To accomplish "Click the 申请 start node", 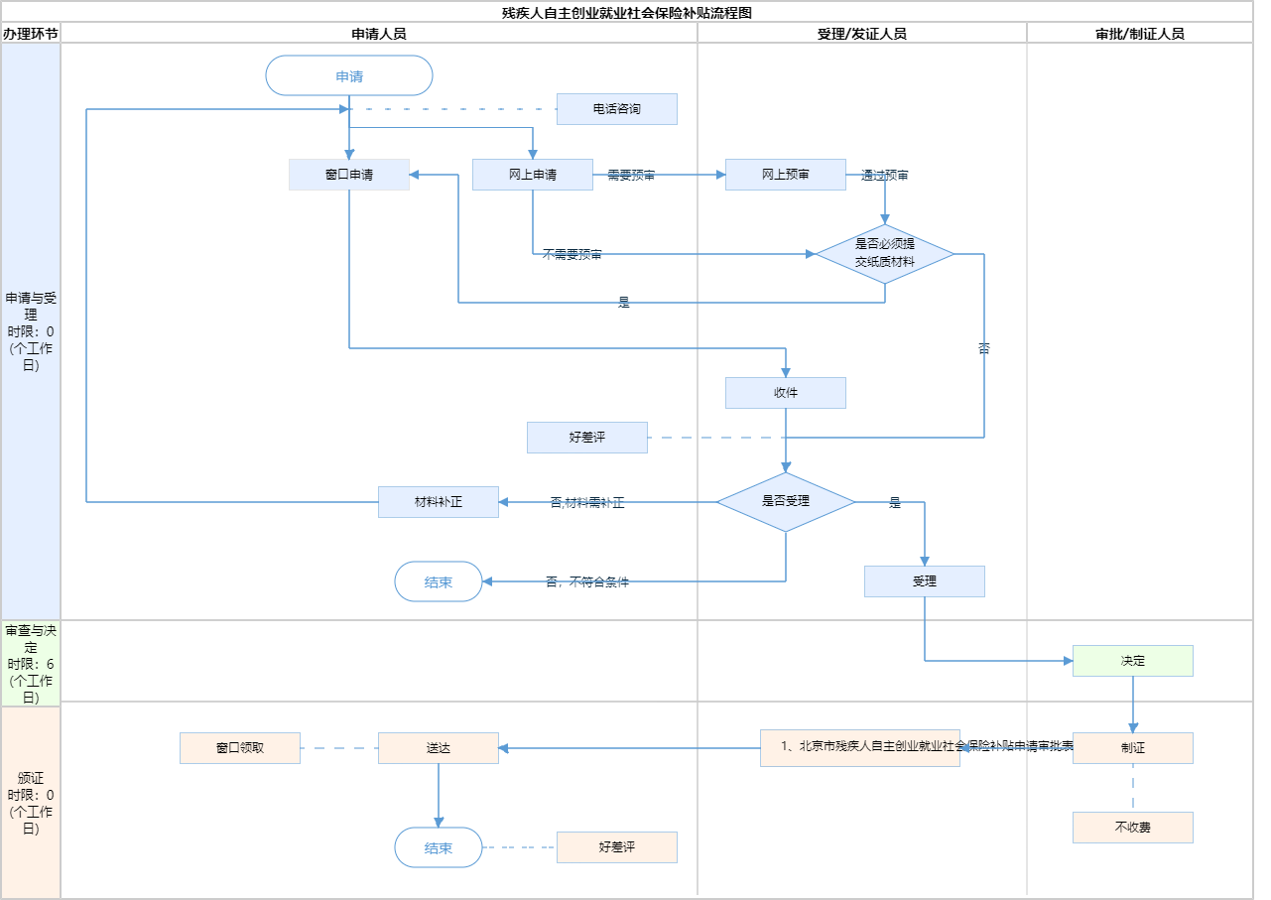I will pyautogui.click(x=349, y=75).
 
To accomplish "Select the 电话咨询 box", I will pyautogui.click(x=616, y=109).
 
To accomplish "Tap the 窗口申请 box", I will pyautogui.click(x=349, y=175).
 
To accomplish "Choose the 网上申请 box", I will pyautogui.click(x=533, y=175).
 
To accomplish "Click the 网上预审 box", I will pyautogui.click(x=786, y=175).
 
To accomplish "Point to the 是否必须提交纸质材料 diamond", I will pyautogui.click(x=885, y=254).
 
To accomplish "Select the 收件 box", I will pyautogui.click(x=786, y=393).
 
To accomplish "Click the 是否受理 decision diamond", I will pyautogui.click(x=786, y=502).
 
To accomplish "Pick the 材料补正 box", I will pyautogui.click(x=439, y=502).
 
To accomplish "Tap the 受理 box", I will pyautogui.click(x=925, y=581).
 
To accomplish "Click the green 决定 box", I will pyautogui.click(x=1133, y=661).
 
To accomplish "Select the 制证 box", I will pyautogui.click(x=1133, y=748).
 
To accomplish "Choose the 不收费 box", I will pyautogui.click(x=1133, y=828).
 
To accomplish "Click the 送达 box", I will pyautogui.click(x=439, y=748).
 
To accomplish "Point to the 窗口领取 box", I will pyautogui.click(x=240, y=748).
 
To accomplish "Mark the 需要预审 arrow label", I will pyautogui.click(x=631, y=176).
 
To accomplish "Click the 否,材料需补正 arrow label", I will pyautogui.click(x=587, y=503).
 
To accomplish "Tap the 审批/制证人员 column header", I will pyautogui.click(x=1140, y=34).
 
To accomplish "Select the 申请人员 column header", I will pyautogui.click(x=379, y=34).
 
